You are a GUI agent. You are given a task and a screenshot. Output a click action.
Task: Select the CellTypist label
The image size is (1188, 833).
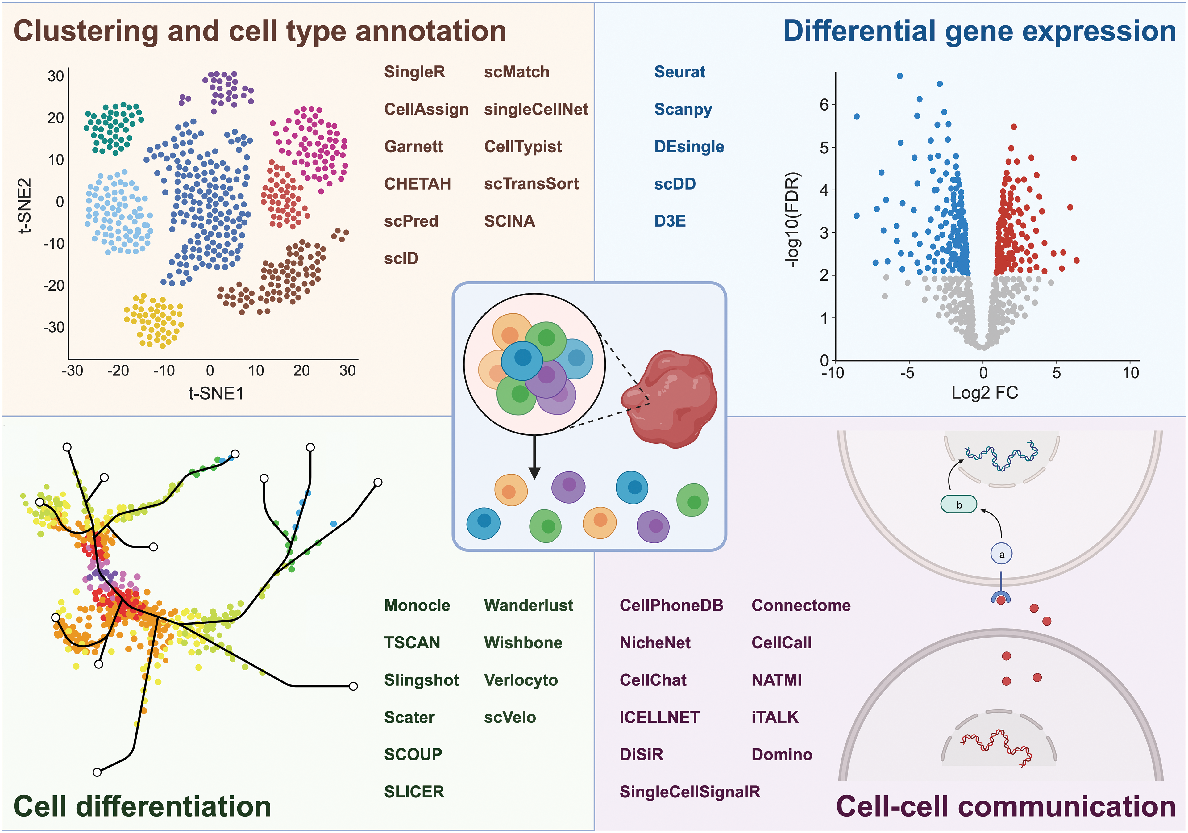click(x=523, y=147)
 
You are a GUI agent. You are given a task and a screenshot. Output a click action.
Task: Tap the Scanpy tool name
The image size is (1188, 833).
click(x=683, y=109)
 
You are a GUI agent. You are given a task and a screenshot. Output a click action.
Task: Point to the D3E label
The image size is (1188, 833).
click(x=670, y=221)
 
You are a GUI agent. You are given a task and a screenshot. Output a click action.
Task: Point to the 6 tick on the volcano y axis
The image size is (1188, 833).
click(x=824, y=105)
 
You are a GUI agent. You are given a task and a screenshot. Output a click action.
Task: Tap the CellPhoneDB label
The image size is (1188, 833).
click(x=671, y=605)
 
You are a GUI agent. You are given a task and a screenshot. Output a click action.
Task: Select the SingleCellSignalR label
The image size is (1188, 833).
click(x=690, y=792)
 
